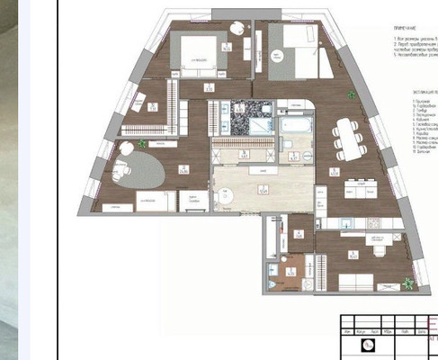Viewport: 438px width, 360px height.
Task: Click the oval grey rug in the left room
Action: pos(136,168)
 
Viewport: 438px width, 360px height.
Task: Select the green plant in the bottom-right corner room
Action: pos(407,283)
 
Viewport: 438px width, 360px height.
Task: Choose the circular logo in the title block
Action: pos(367,345)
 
